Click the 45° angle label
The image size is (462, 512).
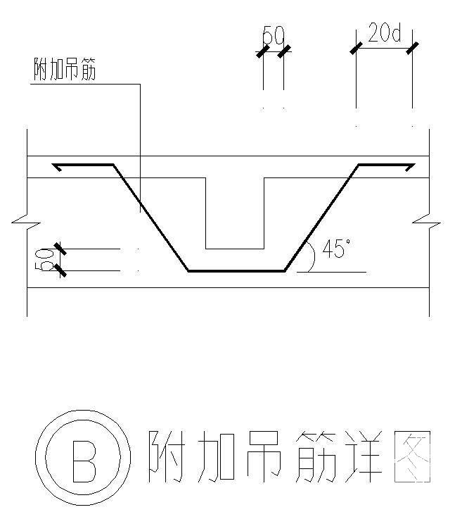[336, 249]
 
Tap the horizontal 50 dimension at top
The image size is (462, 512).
[273, 35]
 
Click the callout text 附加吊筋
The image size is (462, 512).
[65, 70]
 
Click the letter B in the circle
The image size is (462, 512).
[85, 461]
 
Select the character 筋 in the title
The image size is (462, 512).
[313, 457]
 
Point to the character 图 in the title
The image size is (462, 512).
[412, 457]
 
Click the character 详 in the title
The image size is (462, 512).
[363, 457]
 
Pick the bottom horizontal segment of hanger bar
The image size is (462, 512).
[236, 270]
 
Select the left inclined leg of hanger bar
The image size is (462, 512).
[150, 218]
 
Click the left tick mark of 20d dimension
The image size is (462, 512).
[356, 48]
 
